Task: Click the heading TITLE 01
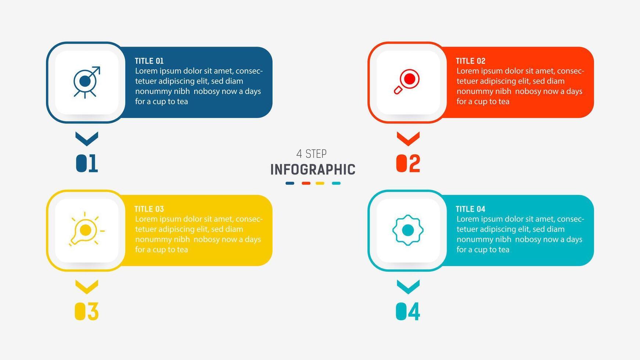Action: coord(149,61)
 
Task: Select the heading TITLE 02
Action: coord(471,61)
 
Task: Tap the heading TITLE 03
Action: coord(149,209)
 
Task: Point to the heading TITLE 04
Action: coord(471,209)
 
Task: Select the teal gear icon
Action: coord(408,230)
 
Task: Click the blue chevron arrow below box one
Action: coord(87,138)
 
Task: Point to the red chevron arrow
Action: coord(408,138)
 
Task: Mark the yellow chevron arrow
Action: coord(87,287)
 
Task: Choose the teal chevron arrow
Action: coord(408,287)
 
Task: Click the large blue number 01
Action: coord(87,163)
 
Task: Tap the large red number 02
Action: coord(408,163)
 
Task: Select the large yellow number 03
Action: coord(87,312)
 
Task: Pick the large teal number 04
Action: coord(408,312)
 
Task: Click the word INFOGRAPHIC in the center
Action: coord(313,170)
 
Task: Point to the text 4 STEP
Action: coord(312,154)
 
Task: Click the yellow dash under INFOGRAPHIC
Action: coord(320,183)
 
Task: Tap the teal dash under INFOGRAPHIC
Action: coord(336,183)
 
